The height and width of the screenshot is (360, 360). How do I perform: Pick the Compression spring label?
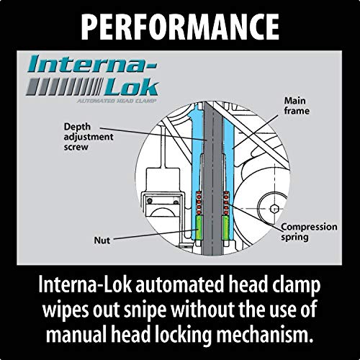pos(307,231)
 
